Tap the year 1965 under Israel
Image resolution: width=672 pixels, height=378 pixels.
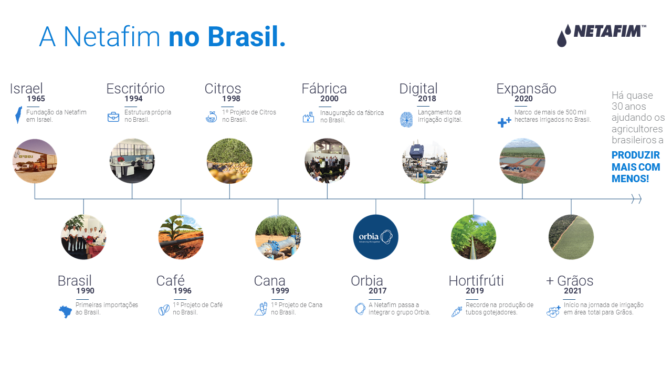pyautogui.click(x=36, y=99)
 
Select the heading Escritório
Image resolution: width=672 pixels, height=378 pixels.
pyautogui.click(x=135, y=89)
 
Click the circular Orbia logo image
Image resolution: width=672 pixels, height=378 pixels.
pyautogui.click(x=375, y=237)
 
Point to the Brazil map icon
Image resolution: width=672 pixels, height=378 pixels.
pyautogui.click(x=65, y=312)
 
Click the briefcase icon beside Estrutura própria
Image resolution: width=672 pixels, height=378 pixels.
pyautogui.click(x=113, y=117)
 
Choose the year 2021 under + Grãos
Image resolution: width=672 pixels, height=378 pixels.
pyautogui.click(x=572, y=291)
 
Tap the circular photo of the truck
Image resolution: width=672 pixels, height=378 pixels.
pyautogui.click(x=35, y=161)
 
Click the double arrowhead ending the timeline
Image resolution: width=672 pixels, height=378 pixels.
pyautogui.click(x=636, y=198)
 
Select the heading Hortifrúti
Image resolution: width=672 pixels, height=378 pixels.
pyautogui.click(x=476, y=281)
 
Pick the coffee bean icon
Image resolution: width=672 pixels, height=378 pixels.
pyautogui.click(x=164, y=310)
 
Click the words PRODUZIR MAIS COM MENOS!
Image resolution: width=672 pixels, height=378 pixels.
pyautogui.click(x=636, y=167)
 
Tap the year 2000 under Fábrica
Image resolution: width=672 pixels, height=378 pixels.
pyautogui.click(x=329, y=99)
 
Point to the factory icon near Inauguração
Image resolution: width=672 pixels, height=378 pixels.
pyautogui.click(x=308, y=117)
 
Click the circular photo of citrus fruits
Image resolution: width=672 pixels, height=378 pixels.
pyautogui.click(x=229, y=161)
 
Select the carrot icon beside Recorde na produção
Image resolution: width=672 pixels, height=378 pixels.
pyautogui.click(x=457, y=311)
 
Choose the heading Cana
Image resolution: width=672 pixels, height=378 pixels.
pyautogui.click(x=269, y=281)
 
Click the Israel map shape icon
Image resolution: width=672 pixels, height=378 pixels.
pyautogui.click(x=18, y=115)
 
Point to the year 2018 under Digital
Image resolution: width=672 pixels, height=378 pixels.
pyautogui.click(x=427, y=99)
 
